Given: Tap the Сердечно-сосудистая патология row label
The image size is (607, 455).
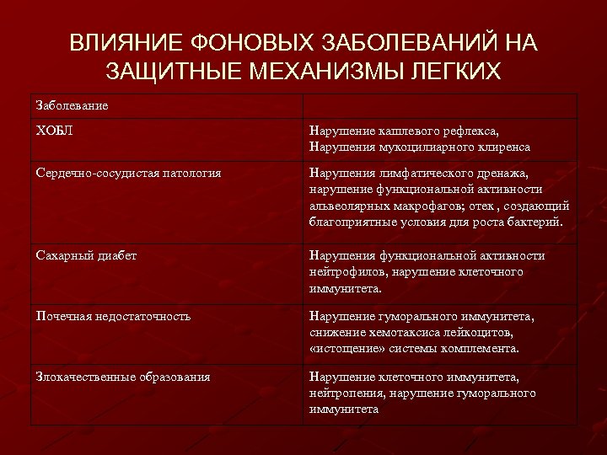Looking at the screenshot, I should pos(129,173).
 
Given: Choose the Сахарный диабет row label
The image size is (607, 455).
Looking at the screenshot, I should pos(86,255).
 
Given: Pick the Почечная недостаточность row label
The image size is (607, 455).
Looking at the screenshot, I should pos(113,316).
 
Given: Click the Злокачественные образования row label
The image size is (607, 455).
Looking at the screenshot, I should pos(123,377).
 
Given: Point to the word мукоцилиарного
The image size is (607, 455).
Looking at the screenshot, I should pos(418,147).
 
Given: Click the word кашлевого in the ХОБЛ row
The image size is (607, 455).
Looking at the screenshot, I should pos(399,131).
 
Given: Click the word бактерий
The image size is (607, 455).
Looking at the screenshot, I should pos(535,222).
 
